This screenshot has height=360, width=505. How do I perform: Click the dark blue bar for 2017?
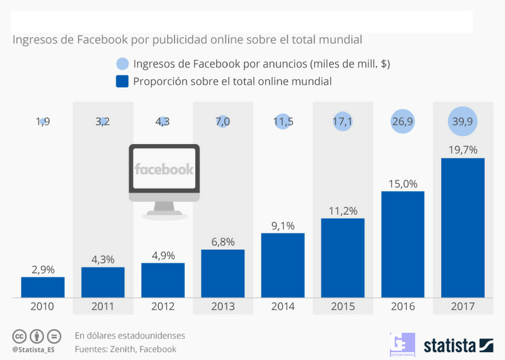[462, 227]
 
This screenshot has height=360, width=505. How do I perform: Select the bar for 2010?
[43, 287]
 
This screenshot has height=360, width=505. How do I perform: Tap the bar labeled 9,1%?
[282, 265]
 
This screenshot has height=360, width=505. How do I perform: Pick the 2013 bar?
[223, 273]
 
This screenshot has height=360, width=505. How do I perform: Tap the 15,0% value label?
[402, 184]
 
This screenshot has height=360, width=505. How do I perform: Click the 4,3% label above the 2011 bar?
[103, 259]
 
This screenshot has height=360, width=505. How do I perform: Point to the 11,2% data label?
[342, 211]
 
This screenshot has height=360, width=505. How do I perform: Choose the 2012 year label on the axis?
[163, 306]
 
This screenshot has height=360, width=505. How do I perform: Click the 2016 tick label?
[402, 306]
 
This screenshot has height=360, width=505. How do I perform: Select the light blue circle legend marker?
[122, 64]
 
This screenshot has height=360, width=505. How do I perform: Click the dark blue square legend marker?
[122, 82]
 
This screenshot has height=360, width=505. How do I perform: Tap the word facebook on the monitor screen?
[164, 169]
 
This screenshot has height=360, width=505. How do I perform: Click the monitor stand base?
[164, 215]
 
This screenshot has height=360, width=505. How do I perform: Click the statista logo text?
[450, 345]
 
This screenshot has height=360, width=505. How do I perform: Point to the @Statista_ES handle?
[34, 349]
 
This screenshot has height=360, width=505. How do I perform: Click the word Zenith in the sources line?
[122, 349]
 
